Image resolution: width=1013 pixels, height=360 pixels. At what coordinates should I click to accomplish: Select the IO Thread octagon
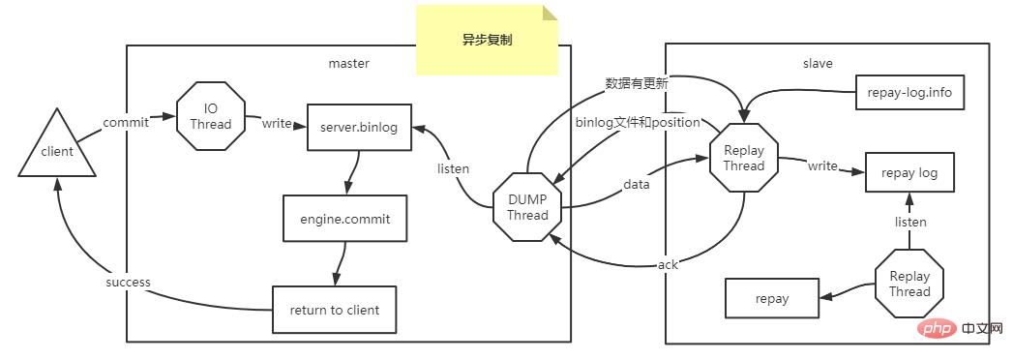point(210,117)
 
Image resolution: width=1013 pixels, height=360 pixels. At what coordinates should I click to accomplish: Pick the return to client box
point(334,310)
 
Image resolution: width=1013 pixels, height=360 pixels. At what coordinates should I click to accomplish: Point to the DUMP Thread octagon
point(527,207)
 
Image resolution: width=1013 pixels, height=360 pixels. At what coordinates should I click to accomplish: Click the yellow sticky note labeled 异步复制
point(487,41)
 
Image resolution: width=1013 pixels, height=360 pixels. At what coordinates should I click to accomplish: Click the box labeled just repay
point(772,298)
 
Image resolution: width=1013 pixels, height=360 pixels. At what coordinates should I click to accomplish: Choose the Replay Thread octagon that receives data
point(743,158)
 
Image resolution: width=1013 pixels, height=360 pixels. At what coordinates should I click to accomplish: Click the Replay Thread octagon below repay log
point(909,284)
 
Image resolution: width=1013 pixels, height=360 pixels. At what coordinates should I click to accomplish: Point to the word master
point(349,63)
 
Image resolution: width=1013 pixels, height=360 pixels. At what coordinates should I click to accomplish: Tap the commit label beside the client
point(126,123)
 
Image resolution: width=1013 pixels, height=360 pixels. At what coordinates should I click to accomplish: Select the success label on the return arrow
point(128,283)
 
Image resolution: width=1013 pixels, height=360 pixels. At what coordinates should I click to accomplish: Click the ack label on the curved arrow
point(668,264)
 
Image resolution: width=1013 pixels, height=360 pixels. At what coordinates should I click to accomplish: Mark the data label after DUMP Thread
point(636,183)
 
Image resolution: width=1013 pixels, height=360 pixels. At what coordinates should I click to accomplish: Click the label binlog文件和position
point(637,122)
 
